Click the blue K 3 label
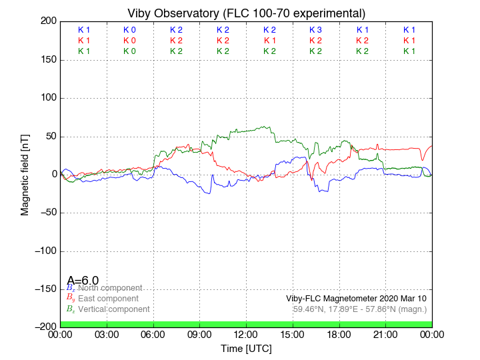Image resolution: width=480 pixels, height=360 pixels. [315, 30]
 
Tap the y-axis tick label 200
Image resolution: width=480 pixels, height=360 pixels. [49, 21]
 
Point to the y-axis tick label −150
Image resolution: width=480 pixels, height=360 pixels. [46, 289]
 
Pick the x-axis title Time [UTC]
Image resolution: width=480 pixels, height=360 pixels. [246, 349]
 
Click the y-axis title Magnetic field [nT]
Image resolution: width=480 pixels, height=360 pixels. [25, 174]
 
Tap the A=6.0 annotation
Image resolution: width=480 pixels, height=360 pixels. [83, 281]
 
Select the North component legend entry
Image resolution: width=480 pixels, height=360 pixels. [109, 288]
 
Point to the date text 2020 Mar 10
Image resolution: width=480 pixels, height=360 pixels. [403, 298]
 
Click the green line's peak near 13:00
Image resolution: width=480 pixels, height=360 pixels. [265, 127]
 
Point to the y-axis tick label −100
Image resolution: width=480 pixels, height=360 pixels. [46, 251]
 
